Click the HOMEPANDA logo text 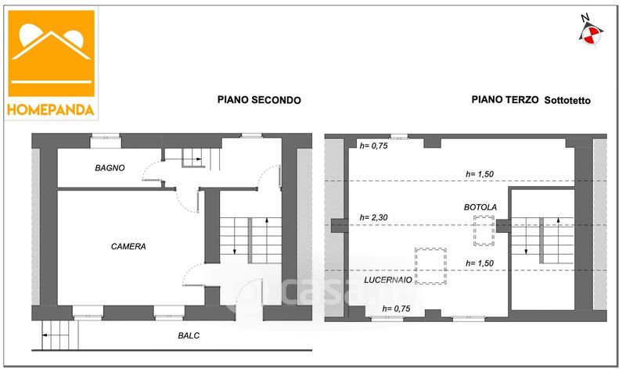click(52, 109)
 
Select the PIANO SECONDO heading click(258, 100)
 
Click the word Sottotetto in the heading click(567, 100)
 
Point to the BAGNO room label click(110, 168)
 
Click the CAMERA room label click(128, 246)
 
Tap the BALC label click(189, 335)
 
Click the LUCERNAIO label click(388, 279)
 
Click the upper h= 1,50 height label click(480, 173)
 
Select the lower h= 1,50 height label click(480, 263)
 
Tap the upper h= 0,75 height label click(373, 146)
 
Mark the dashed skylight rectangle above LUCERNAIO click(431, 266)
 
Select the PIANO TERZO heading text click(503, 100)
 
